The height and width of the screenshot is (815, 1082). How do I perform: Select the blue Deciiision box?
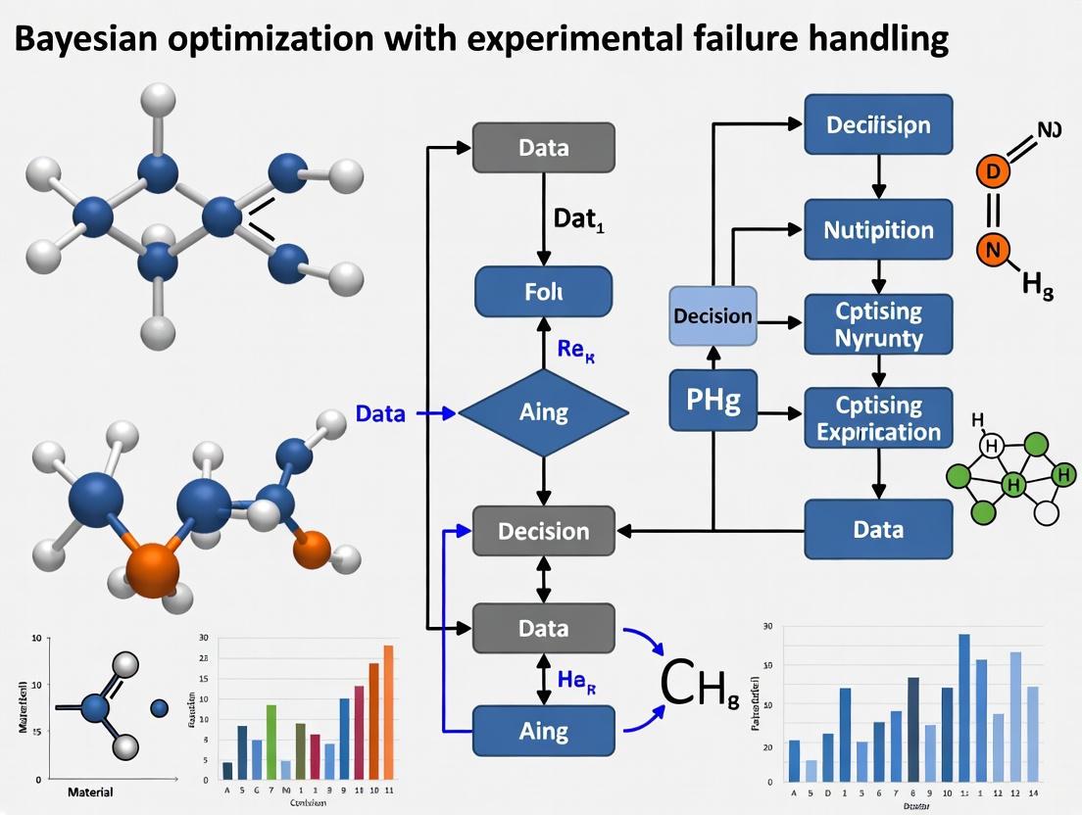pyautogui.click(x=878, y=124)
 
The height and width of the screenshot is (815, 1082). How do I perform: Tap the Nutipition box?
pyautogui.click(x=878, y=230)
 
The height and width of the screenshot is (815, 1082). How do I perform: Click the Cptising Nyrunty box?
pyautogui.click(x=878, y=324)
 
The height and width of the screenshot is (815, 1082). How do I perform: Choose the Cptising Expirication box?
pyautogui.click(x=878, y=418)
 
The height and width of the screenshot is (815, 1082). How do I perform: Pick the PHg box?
pyautogui.click(x=713, y=400)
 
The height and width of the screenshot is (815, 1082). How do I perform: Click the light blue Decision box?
pyautogui.click(x=713, y=315)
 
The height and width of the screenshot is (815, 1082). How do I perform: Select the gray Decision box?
pyautogui.click(x=544, y=531)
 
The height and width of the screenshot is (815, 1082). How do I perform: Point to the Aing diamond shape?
pyautogui.click(x=544, y=412)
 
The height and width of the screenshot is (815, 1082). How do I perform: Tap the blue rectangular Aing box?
pyautogui.click(x=544, y=731)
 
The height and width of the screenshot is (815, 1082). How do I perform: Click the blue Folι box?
pyautogui.click(x=544, y=291)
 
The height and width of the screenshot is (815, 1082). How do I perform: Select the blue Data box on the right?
pyautogui.click(x=878, y=529)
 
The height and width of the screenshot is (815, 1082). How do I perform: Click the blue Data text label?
pyautogui.click(x=380, y=413)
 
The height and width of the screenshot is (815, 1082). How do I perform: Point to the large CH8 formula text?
pyautogui.click(x=699, y=685)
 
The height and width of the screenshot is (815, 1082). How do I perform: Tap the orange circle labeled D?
pyautogui.click(x=993, y=171)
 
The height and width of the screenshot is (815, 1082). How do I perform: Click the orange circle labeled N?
pyautogui.click(x=993, y=250)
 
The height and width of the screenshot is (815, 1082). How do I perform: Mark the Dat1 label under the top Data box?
pyautogui.click(x=577, y=221)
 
